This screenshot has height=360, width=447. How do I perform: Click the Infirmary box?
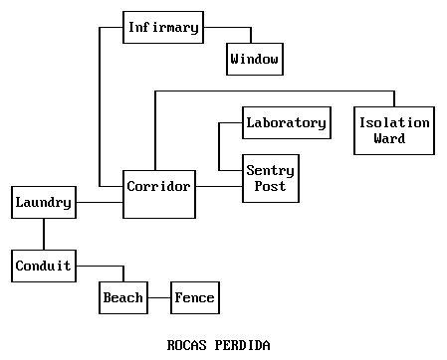point(162,27)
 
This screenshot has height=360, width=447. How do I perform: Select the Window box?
point(255,60)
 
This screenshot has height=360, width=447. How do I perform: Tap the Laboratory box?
point(286,123)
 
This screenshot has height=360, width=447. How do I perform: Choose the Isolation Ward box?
point(394,130)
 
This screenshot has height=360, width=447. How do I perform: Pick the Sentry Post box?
point(270,179)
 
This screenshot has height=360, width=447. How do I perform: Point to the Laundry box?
point(43,203)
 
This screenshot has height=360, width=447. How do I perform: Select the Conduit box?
point(43,266)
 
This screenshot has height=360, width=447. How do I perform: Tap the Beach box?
point(122,297)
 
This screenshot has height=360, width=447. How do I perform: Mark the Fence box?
point(194,297)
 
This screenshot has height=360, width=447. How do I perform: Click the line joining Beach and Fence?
point(157,297)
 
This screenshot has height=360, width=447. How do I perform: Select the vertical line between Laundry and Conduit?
point(43,235)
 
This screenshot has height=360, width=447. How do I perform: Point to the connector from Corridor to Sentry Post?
point(219,186)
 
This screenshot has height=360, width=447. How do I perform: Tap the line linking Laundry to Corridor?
point(99,203)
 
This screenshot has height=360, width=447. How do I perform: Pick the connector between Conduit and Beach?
point(100,266)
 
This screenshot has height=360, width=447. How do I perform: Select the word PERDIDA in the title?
point(244,344)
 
